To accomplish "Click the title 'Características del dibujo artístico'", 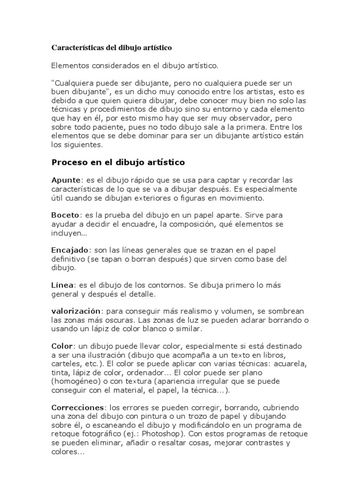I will (x=112, y=48).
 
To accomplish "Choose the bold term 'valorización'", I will (x=76, y=311).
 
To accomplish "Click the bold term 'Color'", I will (x=62, y=346).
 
